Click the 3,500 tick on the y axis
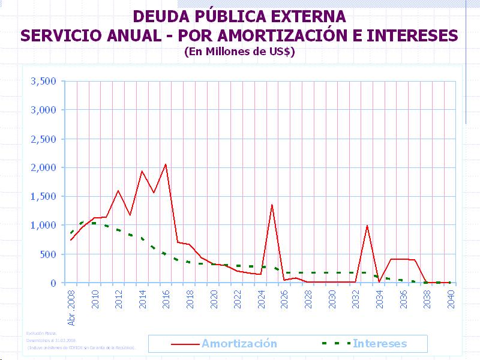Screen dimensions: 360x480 point(43,81)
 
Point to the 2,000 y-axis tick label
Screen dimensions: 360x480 point(43,167)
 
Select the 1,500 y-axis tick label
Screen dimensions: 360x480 point(43,196)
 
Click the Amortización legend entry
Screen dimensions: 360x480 point(239,344)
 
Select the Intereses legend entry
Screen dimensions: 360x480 point(379,344)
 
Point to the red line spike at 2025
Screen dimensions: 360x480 point(272,205)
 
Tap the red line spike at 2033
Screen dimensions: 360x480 point(367,226)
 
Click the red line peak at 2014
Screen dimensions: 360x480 point(142,171)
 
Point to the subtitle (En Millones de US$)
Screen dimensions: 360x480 point(240,52)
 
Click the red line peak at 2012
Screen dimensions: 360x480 point(118,191)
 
